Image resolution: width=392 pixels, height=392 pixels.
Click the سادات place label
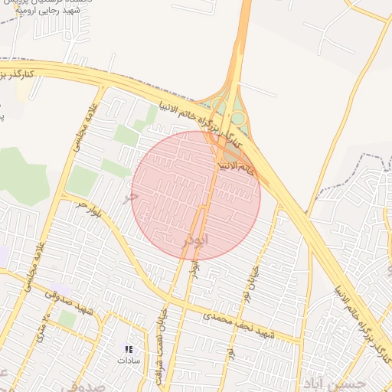coord(129,360)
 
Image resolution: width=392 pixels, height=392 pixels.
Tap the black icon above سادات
coord(128,349)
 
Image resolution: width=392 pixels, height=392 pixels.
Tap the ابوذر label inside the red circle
coord(195,240)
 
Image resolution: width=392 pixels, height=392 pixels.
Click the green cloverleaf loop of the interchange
coord(238,119)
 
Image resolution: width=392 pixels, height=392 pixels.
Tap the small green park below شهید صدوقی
coord(67,319)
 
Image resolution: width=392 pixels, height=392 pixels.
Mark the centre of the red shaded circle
coord(196,195)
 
